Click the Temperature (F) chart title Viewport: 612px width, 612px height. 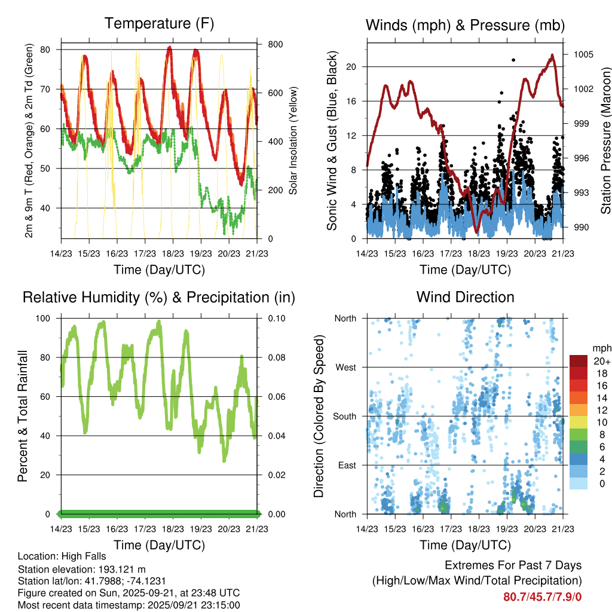[158, 24]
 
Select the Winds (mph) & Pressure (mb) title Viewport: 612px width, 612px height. [465, 25]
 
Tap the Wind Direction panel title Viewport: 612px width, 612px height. [465, 297]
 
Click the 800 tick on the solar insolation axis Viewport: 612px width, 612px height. [276, 44]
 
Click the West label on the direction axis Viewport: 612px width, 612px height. [345, 367]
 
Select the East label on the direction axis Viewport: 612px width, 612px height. [347, 465]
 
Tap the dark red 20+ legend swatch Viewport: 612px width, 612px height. [578, 361]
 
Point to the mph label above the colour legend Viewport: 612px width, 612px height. [601, 347]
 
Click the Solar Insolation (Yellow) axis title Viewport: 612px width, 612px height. [293, 141]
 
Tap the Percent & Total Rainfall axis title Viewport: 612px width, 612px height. [22, 416]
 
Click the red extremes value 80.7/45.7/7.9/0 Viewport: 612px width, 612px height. [543, 596]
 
